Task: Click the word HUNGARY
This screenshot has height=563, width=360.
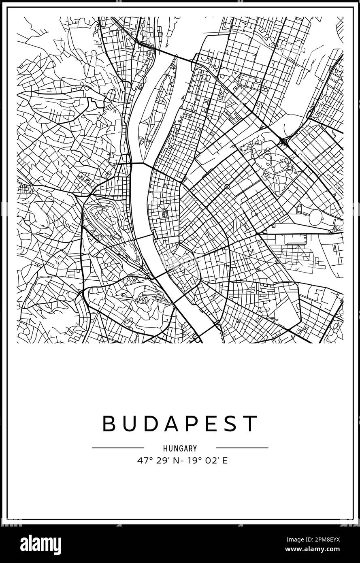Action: coord(180,448)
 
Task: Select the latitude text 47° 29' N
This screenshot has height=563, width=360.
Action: coord(154,461)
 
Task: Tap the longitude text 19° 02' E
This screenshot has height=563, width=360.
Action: coord(207,461)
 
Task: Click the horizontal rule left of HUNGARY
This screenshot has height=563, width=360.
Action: coord(118,448)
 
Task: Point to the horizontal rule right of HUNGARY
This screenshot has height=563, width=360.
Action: coord(242,448)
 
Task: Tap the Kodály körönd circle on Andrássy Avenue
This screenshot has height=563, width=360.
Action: coord(227,187)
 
